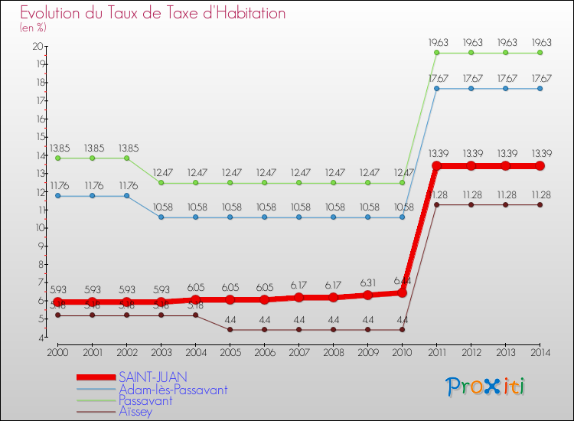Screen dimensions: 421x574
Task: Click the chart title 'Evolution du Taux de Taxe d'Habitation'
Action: click(153, 13)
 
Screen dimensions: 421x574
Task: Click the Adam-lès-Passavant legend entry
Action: click(172, 389)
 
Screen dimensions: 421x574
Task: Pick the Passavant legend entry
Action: click(145, 400)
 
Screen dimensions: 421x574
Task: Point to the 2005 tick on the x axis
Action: click(230, 352)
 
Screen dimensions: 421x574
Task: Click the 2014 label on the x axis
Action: click(540, 352)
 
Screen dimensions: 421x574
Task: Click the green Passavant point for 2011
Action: click(436, 53)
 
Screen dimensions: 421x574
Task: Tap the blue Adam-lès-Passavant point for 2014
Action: click(540, 89)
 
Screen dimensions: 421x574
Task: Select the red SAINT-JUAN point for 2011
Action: click(436, 166)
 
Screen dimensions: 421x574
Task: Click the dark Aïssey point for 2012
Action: click(471, 204)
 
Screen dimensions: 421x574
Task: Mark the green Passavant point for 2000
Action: click(57, 158)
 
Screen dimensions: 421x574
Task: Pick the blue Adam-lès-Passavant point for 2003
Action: click(161, 217)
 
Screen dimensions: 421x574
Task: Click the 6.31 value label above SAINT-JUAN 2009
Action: click(367, 281)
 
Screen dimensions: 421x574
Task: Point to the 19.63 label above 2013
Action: click(505, 42)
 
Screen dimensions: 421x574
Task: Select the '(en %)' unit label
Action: click(34, 28)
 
